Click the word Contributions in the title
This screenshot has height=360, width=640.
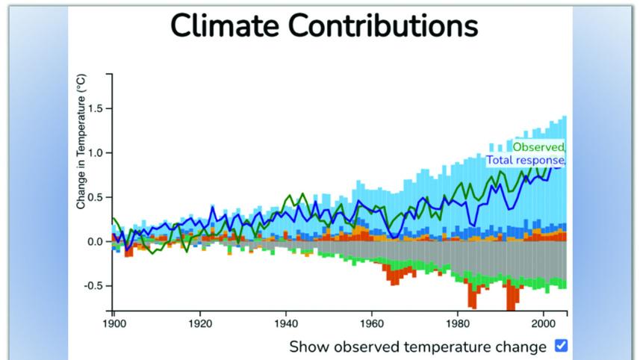click(x=382, y=25)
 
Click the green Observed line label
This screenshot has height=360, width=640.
click(x=538, y=147)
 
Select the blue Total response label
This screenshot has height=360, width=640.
click(x=525, y=160)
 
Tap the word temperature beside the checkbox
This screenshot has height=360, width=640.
click(x=450, y=347)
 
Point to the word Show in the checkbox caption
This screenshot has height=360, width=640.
click(x=307, y=347)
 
